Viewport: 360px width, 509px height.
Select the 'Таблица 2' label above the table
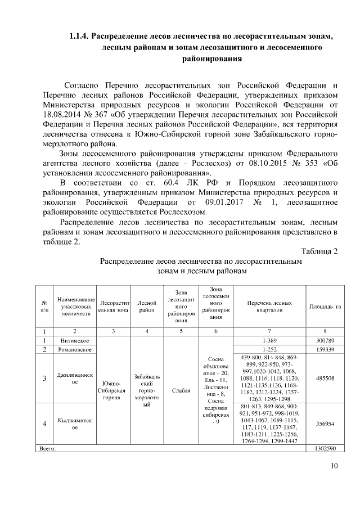pyautogui.click(x=319, y=251)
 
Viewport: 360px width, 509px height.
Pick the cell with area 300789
pyautogui.click(x=325, y=341)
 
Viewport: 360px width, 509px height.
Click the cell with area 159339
pyautogui.click(x=325, y=350)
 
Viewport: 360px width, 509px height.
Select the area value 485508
pyautogui.click(x=325, y=378)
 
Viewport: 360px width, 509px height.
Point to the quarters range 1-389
pyautogui.click(x=269, y=341)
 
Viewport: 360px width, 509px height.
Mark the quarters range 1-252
pyautogui.click(x=269, y=350)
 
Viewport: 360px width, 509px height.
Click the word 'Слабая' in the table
pyautogui.click(x=181, y=389)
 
